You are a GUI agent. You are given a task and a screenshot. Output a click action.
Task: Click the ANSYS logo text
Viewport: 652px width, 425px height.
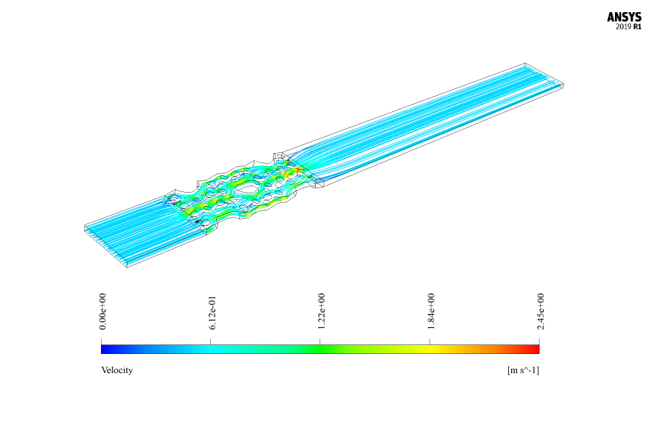[624, 17]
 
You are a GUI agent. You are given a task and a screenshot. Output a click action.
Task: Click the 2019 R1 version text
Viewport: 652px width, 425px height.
[628, 27]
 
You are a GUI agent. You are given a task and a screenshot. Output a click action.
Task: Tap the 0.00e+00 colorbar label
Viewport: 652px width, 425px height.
[103, 311]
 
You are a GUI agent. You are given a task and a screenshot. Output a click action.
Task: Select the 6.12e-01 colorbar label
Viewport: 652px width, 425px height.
[212, 312]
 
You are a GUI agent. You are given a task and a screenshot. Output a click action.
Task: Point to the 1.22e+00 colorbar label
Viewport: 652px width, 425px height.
[322, 311]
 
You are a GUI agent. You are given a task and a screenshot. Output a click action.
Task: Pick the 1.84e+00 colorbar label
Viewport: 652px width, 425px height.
[431, 311]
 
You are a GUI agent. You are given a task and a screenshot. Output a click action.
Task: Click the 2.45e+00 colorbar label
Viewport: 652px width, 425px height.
[541, 311]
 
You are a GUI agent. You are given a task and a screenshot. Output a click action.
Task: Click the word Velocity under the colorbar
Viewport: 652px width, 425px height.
[117, 370]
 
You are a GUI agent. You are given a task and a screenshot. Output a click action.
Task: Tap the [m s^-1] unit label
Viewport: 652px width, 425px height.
[523, 370]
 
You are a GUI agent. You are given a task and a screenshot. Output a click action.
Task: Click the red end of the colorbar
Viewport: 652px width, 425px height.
[534, 349]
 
